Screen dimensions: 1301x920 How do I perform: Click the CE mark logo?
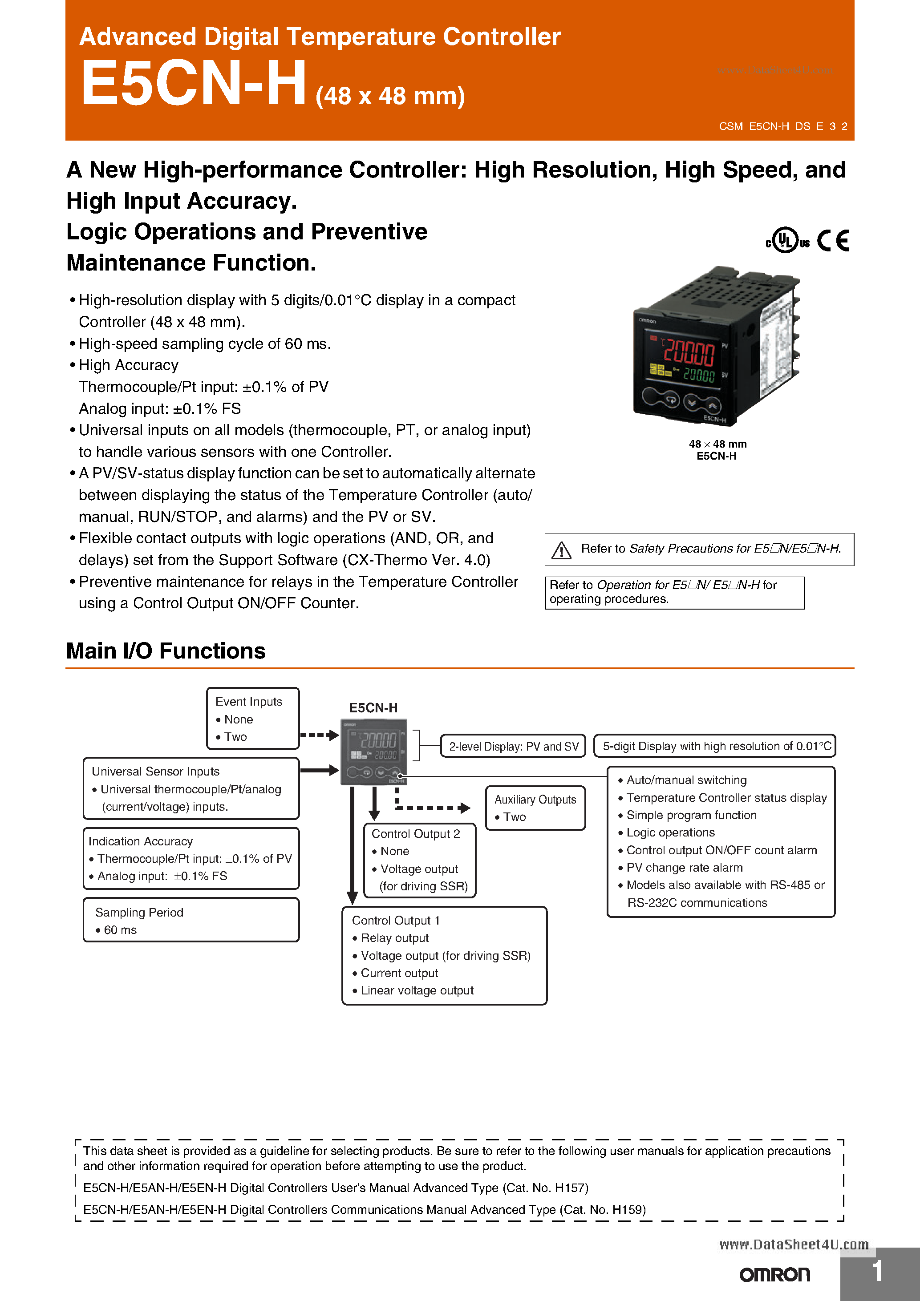click(x=833, y=240)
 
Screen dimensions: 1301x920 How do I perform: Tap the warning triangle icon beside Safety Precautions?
click(x=561, y=549)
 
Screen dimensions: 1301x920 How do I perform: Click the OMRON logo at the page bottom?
click(x=774, y=1275)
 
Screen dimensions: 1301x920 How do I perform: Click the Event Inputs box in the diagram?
click(x=253, y=718)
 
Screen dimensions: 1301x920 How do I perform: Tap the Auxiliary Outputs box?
click(x=535, y=808)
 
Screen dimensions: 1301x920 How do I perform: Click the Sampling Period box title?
click(x=139, y=912)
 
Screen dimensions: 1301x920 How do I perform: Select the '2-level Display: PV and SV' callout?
click(x=513, y=746)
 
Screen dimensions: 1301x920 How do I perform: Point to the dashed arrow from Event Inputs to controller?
click(x=319, y=735)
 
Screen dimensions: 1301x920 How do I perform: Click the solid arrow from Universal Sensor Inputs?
click(x=319, y=770)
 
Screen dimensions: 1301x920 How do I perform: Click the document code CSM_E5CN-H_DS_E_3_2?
click(x=783, y=126)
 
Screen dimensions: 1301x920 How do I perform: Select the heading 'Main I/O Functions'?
click(x=166, y=650)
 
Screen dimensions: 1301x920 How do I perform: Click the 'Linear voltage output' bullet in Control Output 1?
click(x=417, y=990)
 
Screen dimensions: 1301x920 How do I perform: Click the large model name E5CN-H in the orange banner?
click(x=193, y=83)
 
